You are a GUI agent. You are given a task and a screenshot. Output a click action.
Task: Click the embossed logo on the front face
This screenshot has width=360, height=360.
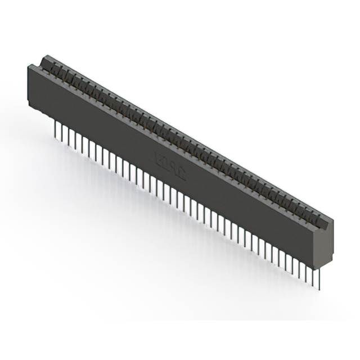coord(169,168)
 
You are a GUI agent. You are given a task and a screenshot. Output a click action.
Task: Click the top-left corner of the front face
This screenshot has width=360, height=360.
coord(28,66)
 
